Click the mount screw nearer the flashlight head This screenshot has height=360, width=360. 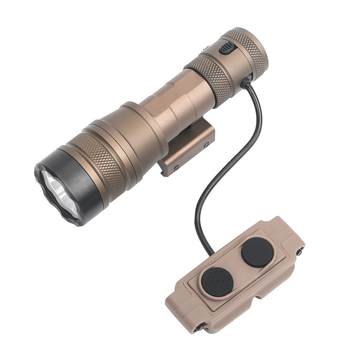point(176,168)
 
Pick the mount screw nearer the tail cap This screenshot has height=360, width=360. point(207,145)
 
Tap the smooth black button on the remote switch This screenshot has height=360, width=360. point(257,252)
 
